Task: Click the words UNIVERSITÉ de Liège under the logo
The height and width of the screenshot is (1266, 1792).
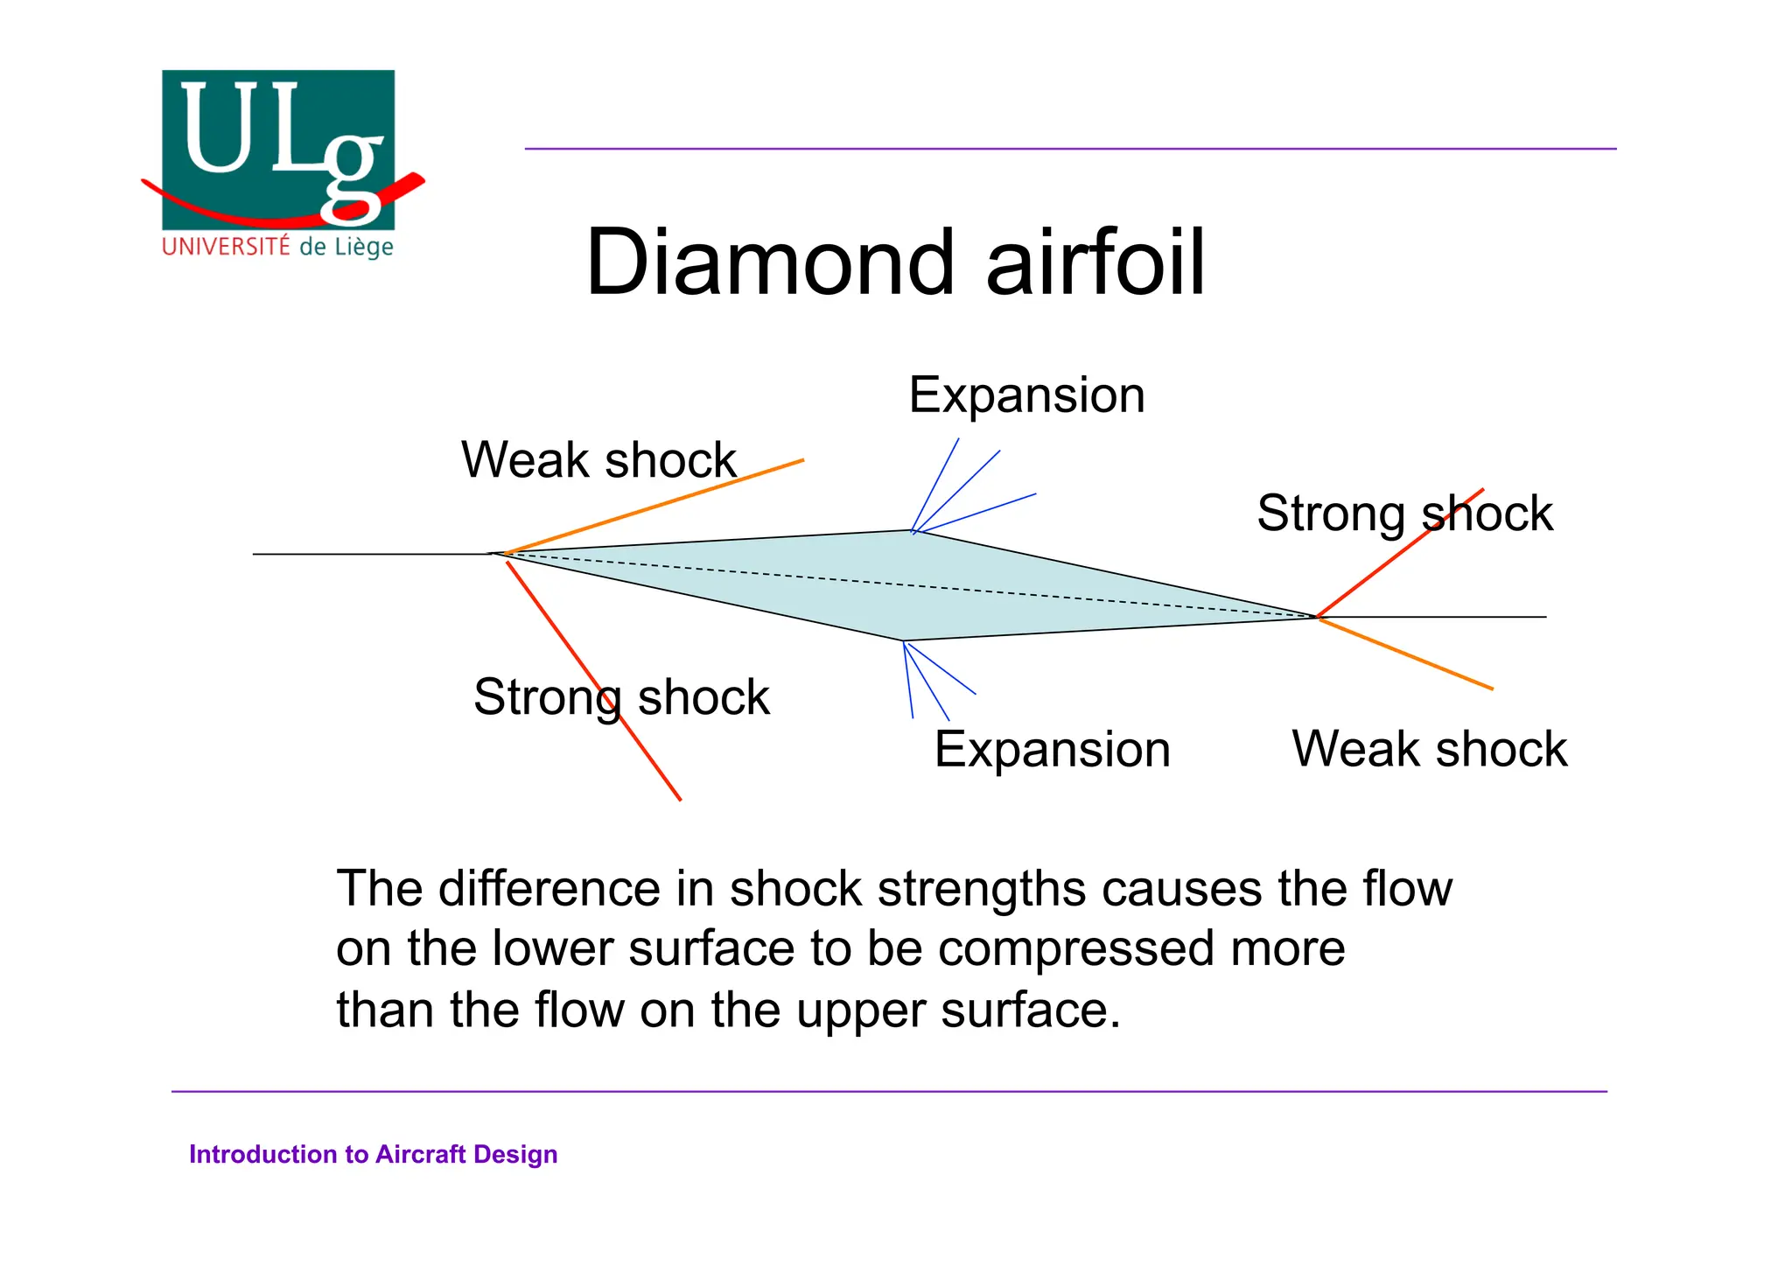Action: tap(277, 247)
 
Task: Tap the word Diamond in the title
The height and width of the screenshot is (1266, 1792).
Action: tap(770, 262)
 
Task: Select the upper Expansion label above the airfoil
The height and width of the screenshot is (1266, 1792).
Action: tap(1026, 395)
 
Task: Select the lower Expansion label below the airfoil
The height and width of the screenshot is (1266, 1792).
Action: tap(1052, 750)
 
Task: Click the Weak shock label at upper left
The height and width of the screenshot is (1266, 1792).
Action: tap(598, 460)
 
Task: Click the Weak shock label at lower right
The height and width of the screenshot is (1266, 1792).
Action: tap(1429, 750)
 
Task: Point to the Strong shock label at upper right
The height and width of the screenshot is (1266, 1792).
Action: tap(1404, 514)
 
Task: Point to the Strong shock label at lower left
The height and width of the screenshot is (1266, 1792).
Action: tap(621, 697)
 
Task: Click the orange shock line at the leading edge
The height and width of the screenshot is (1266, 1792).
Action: tap(656, 507)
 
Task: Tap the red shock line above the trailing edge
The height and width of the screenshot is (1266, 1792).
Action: tap(1382, 565)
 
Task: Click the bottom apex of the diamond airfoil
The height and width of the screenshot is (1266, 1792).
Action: tap(903, 640)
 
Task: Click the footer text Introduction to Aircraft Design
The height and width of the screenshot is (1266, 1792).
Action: tap(373, 1155)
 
